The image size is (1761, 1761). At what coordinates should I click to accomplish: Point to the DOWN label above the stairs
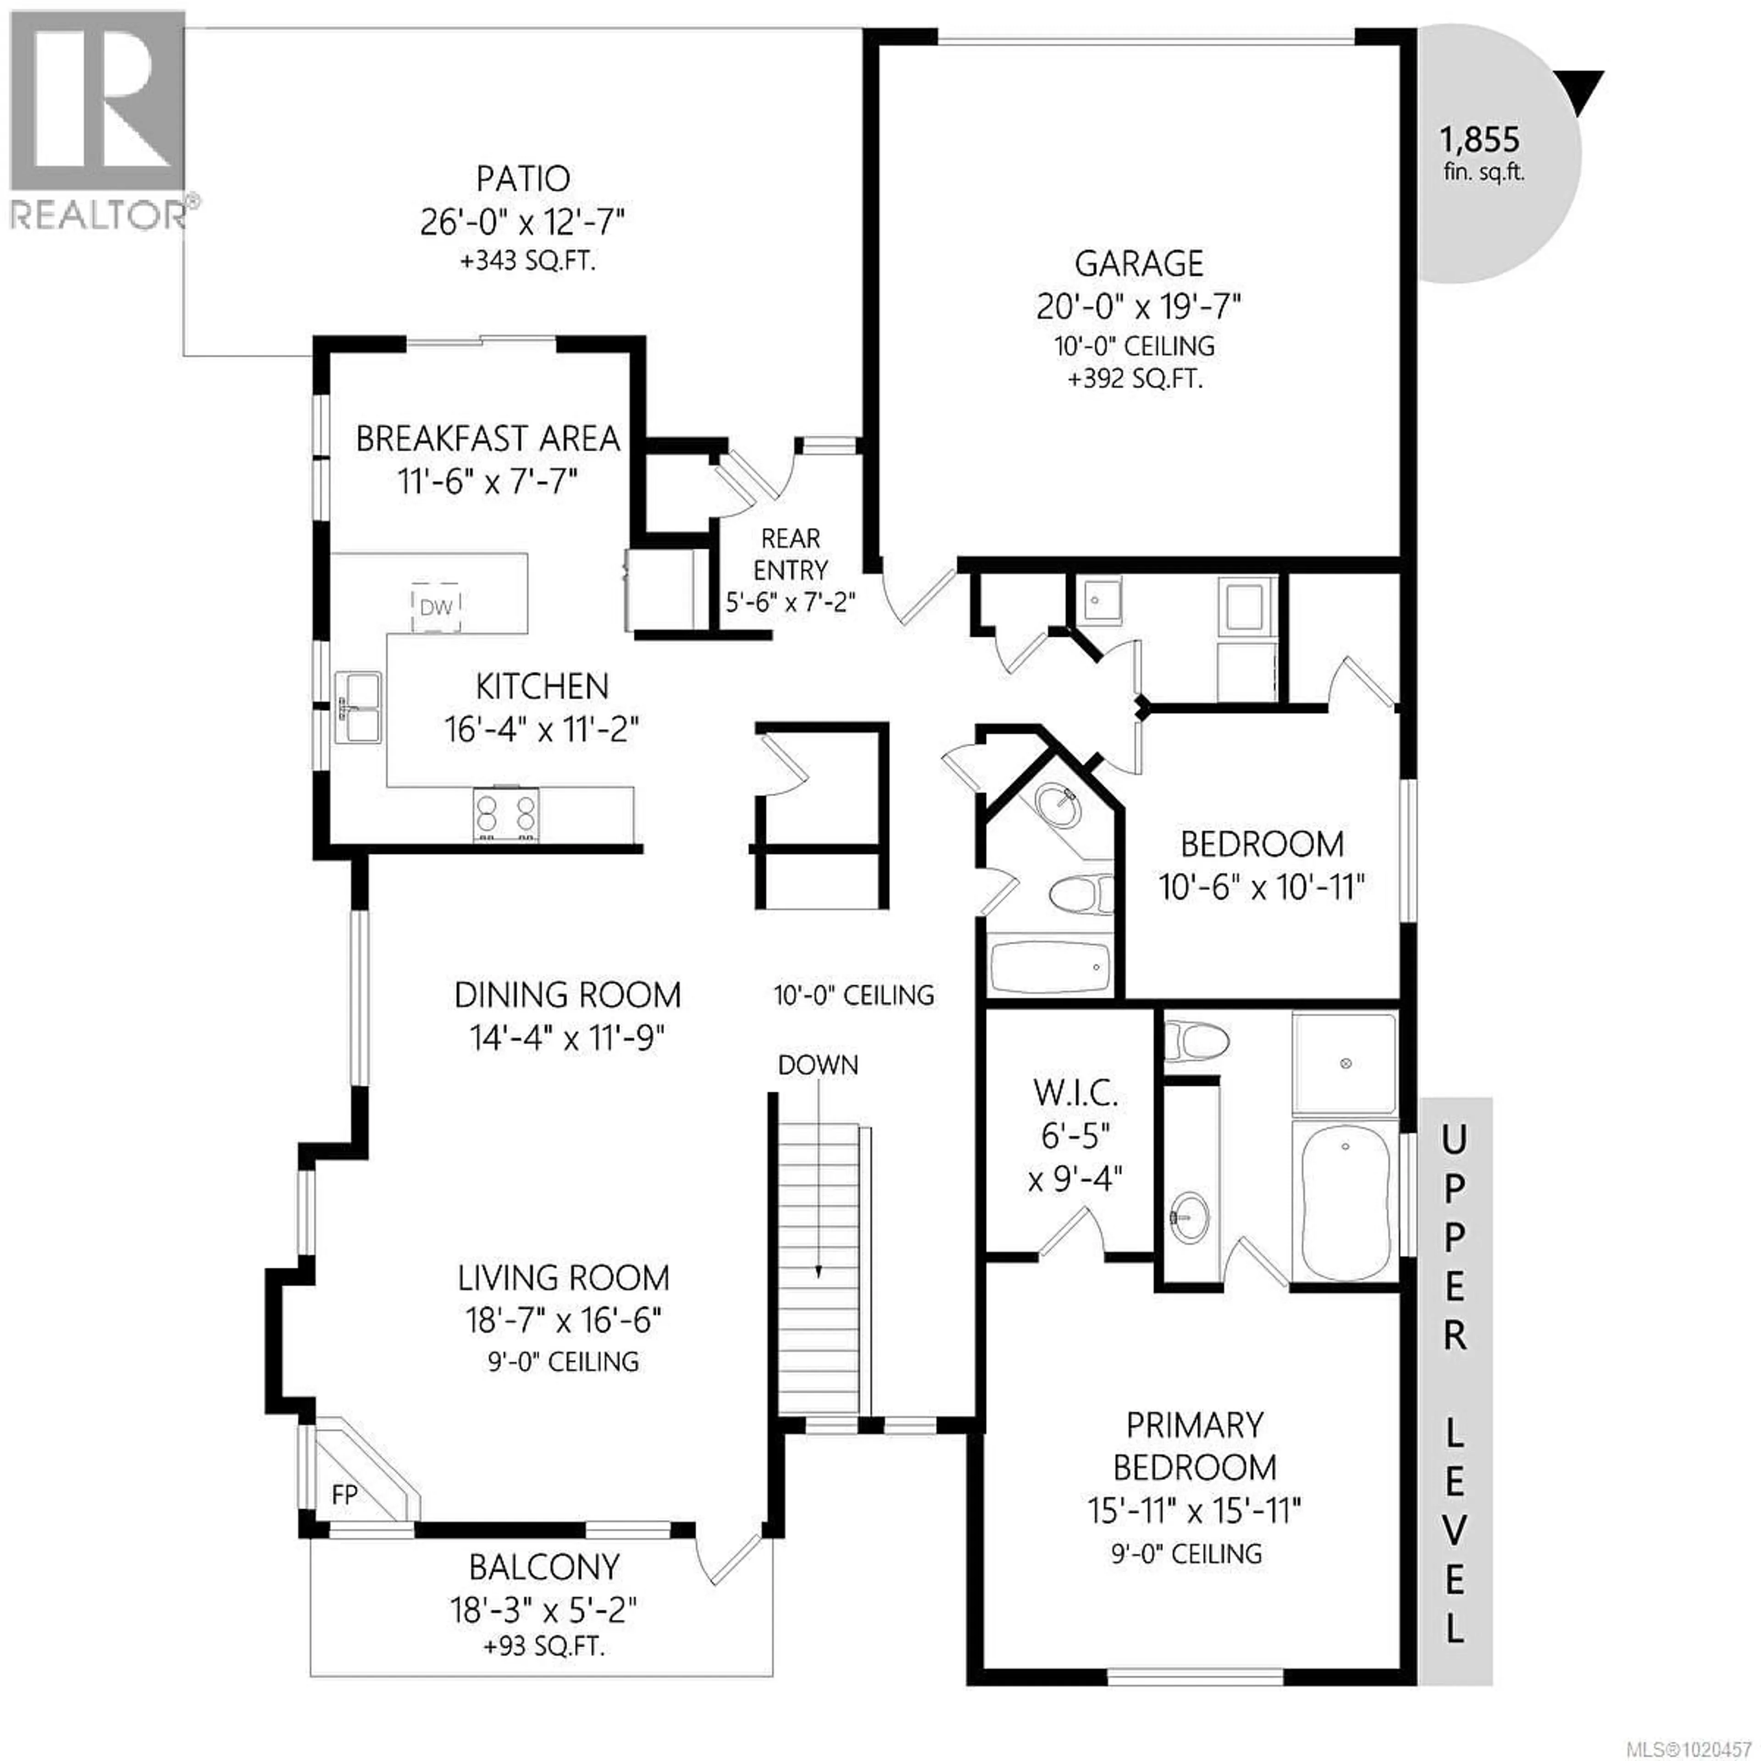tap(818, 1064)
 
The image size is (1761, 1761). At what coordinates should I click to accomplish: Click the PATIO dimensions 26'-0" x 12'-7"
tap(522, 222)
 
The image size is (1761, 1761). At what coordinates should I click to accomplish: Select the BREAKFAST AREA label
tap(487, 439)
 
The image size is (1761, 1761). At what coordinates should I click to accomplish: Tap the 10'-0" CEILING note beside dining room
tap(854, 994)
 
